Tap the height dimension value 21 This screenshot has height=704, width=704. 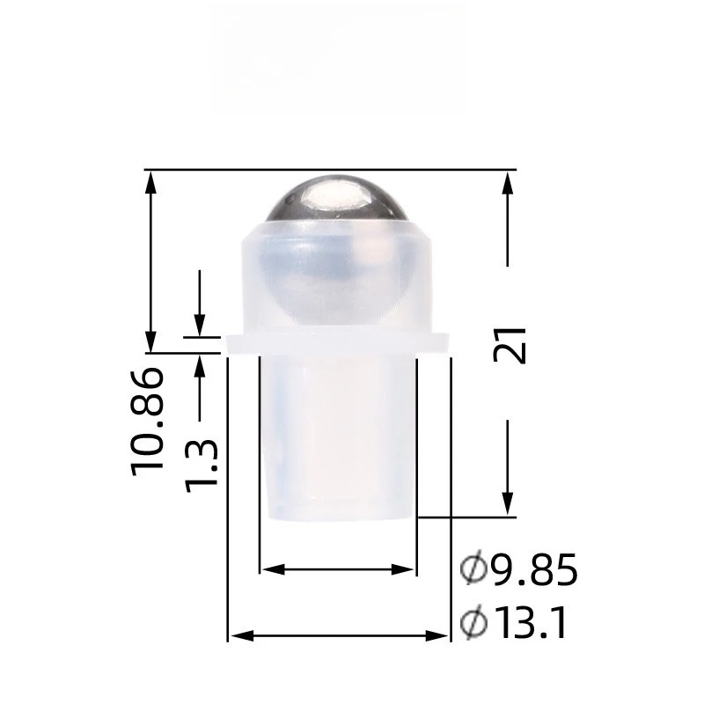point(510,344)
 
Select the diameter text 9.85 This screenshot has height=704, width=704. point(534,571)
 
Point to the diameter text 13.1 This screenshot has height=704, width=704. point(528,625)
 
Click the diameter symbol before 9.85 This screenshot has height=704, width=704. point(473,571)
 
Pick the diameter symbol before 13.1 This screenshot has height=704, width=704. point(473,625)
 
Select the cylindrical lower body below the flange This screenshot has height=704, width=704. point(337,436)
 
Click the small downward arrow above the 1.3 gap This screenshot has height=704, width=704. point(201,325)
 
